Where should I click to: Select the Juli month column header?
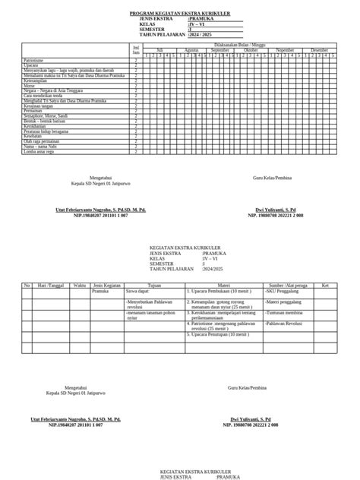click(x=160, y=49)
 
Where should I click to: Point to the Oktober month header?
click(x=251, y=49)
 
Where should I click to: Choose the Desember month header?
click(x=320, y=49)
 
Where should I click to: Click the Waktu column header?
click(x=79, y=285)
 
